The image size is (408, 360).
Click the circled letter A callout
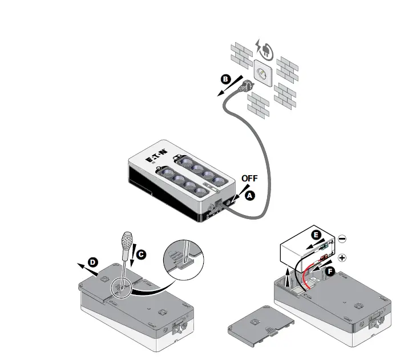[249, 195]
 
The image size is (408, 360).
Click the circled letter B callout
[226, 80]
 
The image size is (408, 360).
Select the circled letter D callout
[93, 262]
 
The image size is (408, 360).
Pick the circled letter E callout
[316, 234]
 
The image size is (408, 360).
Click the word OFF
[249, 178]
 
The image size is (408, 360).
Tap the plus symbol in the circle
[342, 257]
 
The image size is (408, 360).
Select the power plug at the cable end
[247, 86]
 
